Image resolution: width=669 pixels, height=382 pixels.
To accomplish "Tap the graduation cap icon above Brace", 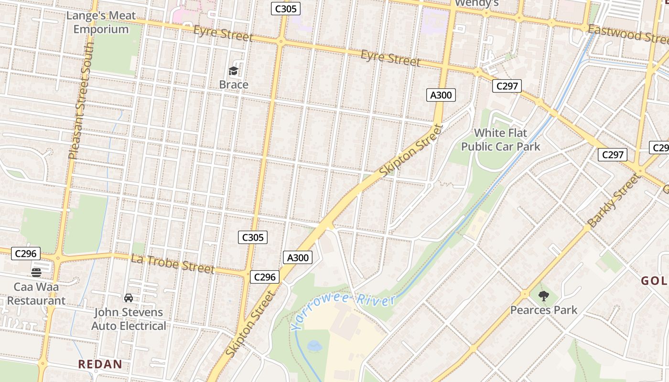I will click(233, 72).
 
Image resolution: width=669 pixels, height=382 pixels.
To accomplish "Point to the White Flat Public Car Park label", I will click(500, 139).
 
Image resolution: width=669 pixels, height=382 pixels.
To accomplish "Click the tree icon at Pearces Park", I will click(543, 296).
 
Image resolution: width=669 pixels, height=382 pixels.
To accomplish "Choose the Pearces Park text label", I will click(544, 310).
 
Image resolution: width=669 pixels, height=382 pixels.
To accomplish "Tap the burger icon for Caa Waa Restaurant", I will click(36, 273).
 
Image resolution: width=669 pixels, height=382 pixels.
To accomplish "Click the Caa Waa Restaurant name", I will click(36, 294).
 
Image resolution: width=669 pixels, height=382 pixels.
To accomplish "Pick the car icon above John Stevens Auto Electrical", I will click(129, 298).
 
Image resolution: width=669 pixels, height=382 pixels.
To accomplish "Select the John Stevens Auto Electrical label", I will click(129, 319).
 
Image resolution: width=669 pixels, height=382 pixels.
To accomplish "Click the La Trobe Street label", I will click(173, 264).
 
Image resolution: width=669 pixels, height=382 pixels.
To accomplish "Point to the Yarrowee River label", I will click(343, 312).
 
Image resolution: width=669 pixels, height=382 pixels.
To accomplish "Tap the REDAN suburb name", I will click(100, 364).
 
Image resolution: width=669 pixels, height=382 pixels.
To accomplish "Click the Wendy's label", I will click(476, 3).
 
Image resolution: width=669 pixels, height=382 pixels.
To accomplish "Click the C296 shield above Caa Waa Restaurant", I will click(25, 254).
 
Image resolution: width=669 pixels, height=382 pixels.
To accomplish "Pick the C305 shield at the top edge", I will click(285, 8).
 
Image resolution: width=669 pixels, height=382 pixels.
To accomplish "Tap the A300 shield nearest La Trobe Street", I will click(298, 258).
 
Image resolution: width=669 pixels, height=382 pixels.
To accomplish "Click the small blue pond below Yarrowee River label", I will click(314, 345).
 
